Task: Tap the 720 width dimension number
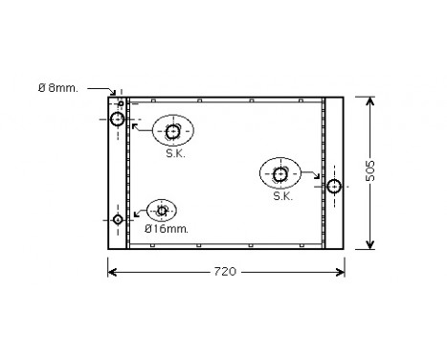(223, 272)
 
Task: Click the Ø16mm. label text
(166, 229)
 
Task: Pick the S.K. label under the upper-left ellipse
(175, 153)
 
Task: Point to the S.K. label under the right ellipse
(281, 196)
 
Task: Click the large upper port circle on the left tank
(118, 120)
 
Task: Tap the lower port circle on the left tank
(118, 219)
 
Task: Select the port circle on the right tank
(334, 186)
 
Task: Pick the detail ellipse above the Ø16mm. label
(162, 210)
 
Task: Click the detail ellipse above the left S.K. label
(173, 131)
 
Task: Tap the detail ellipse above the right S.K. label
(280, 173)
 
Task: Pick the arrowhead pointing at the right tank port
(322, 178)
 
